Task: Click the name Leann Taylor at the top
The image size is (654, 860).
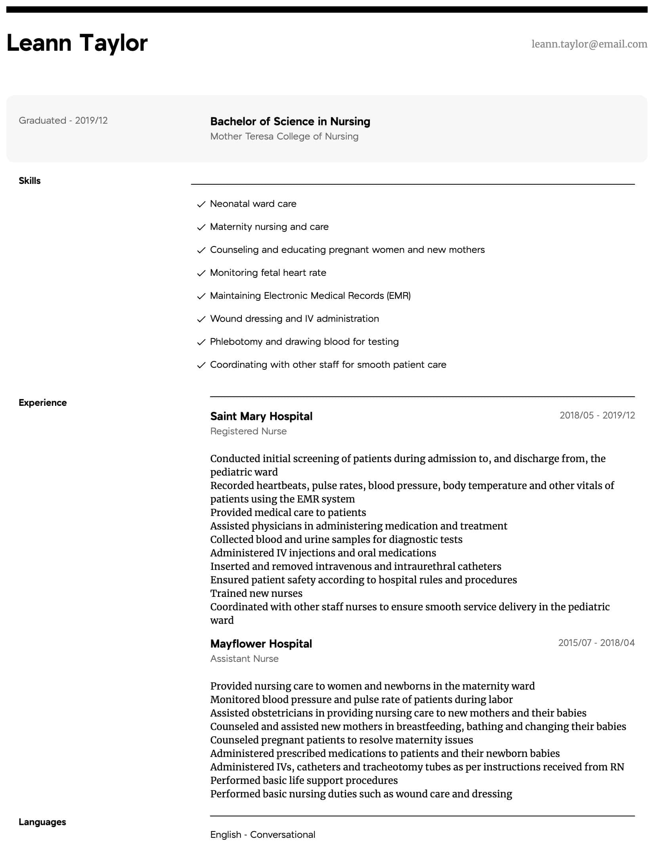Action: [x=77, y=43]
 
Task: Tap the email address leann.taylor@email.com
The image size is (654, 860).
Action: [x=589, y=44]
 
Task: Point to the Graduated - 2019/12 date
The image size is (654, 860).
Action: [x=63, y=120]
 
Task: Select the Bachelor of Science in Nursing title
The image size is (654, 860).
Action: [x=290, y=121]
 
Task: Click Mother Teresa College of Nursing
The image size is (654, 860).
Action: [x=284, y=136]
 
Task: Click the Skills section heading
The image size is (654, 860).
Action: [x=30, y=181]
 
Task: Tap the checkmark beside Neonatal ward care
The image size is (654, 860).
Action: [x=201, y=204]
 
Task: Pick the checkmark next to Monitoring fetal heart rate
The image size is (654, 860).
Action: [x=201, y=273]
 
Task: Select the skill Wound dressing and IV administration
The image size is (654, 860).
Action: [x=294, y=319]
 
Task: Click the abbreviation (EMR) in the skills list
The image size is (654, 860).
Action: [x=399, y=296]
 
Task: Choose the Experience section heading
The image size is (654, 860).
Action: [x=42, y=403]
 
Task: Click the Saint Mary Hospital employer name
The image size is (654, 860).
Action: [x=261, y=416]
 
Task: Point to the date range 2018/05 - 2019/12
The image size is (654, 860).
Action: [x=597, y=415]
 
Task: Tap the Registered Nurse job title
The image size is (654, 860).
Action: [x=248, y=431]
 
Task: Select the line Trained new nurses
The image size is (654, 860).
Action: [x=256, y=593]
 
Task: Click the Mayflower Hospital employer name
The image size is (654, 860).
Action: [x=261, y=644]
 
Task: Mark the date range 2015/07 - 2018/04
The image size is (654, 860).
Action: [x=596, y=643]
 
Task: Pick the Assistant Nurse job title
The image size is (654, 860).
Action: [x=244, y=659]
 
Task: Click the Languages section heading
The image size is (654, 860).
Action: [x=42, y=822]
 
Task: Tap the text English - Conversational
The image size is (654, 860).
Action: [x=262, y=835]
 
